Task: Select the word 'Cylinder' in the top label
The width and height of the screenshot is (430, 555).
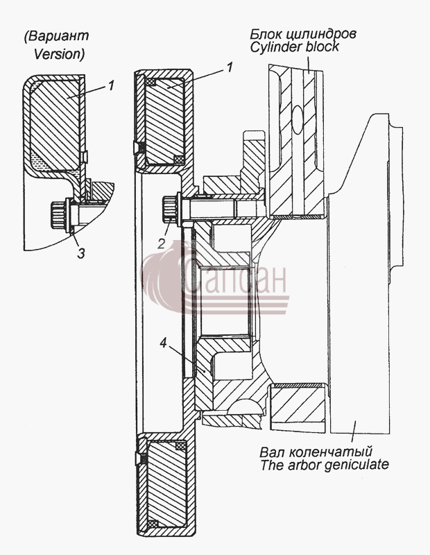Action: (277, 46)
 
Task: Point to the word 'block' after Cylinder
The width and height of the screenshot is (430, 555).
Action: (322, 46)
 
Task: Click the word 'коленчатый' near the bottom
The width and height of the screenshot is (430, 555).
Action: (331, 452)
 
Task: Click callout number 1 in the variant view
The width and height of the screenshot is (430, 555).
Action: (111, 85)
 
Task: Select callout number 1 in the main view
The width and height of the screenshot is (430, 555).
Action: (230, 67)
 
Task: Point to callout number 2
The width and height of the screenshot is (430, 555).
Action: (162, 244)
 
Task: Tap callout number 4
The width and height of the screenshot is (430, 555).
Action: (163, 343)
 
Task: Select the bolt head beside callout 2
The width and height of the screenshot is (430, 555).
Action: (171, 210)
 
